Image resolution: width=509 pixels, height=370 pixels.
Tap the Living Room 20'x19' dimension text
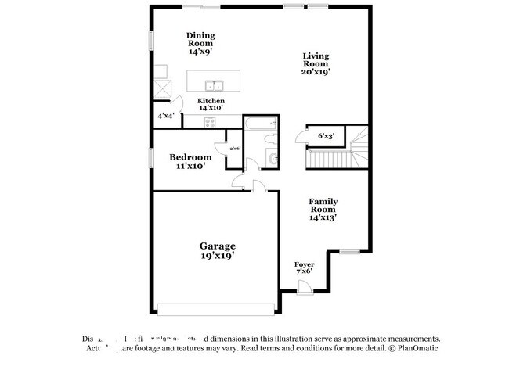point(316,71)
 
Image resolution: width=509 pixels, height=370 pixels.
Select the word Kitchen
point(211,101)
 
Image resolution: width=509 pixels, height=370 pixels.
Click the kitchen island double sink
point(213,85)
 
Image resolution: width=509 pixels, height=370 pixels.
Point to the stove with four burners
point(211,121)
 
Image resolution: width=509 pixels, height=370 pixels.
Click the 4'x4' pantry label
point(165,117)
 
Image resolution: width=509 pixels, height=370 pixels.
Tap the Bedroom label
point(190,157)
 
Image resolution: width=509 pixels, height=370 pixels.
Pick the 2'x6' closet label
point(234,148)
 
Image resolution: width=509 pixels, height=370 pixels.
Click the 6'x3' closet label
point(326,136)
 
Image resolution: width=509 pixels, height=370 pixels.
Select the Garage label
point(217,246)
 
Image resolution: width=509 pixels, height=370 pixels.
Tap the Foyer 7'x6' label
point(304,268)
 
